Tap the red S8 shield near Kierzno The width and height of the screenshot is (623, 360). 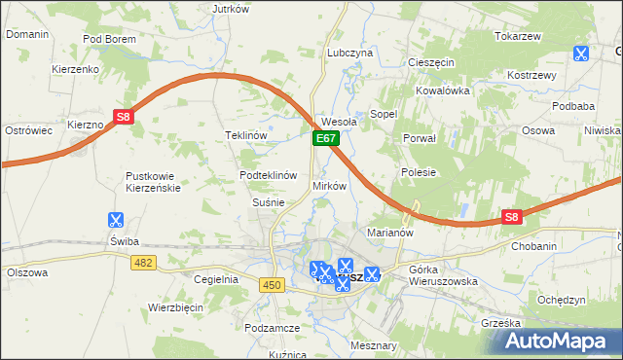click(x=123, y=118)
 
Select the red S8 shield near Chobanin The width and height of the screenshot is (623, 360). click(x=512, y=218)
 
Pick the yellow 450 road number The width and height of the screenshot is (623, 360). click(x=272, y=284)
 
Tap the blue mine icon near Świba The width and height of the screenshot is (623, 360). click(x=116, y=221)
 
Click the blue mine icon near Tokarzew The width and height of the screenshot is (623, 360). click(x=581, y=54)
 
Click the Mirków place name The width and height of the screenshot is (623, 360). click(x=328, y=185)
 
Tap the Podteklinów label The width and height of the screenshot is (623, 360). click(x=268, y=175)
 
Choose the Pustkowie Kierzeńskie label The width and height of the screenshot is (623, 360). click(x=153, y=182)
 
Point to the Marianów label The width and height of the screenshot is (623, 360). click(x=390, y=234)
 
